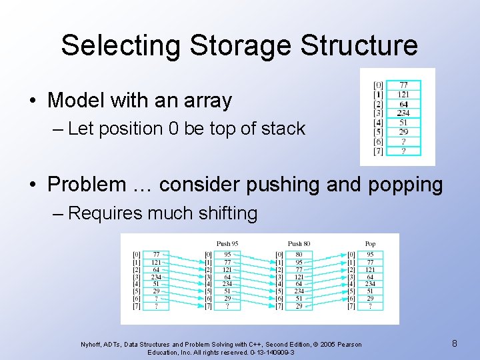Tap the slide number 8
point(454,343)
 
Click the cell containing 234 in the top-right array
point(403,113)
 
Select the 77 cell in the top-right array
point(403,85)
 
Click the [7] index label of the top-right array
point(378,151)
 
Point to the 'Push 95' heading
point(227,243)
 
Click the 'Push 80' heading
point(299,243)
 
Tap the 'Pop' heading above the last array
point(370,243)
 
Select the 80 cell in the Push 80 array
point(299,254)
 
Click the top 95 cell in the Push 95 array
point(227,254)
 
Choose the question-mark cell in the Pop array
point(370,306)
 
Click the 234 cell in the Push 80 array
point(299,291)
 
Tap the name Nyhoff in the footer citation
point(91,345)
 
